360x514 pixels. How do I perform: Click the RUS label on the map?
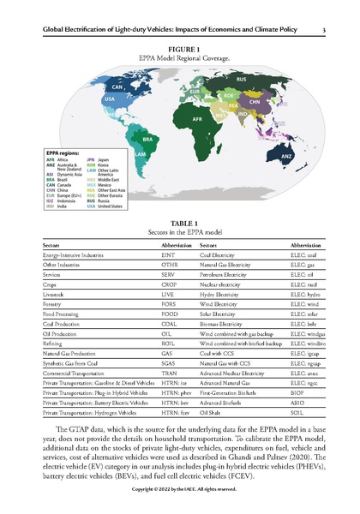[241, 79]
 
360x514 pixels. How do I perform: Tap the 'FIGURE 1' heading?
[180, 49]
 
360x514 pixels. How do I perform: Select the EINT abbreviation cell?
[167, 255]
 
